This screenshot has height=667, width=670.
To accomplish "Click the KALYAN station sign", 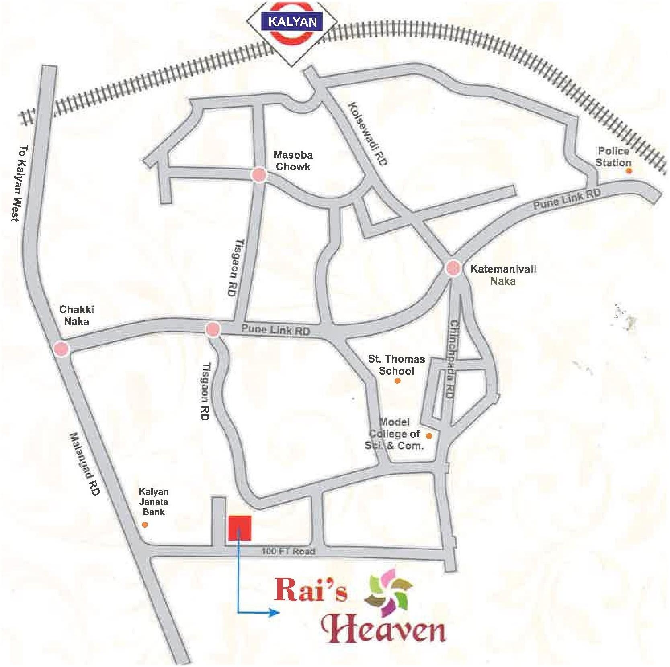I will coord(292,22).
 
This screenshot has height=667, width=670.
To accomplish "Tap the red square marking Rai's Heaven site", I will coord(240,528).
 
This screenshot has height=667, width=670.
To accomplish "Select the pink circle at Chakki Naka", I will coord(61,349).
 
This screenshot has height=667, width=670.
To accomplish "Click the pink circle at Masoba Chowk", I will coord(258,175).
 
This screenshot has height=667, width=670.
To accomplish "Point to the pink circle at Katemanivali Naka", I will coord(453,268).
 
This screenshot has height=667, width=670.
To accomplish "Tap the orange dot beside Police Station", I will coord(629,171).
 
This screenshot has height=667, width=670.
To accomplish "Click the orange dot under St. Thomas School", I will coord(397,381).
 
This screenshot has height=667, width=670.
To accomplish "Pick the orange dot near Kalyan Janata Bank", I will coord(145,524).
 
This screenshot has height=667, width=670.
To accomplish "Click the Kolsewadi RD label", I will coord(368,134).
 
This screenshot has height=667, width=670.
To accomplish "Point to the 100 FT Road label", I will coord(288,551).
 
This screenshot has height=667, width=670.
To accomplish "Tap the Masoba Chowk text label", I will coord(293,161).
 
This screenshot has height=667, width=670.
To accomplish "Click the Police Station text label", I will coord(613,157).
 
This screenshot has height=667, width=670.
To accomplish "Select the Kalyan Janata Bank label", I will coord(154,502).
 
